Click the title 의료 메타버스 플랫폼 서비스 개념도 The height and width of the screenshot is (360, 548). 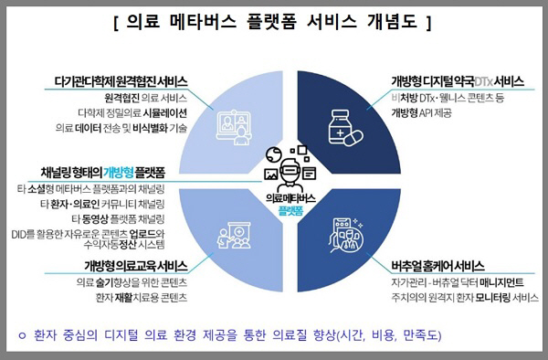(273, 20)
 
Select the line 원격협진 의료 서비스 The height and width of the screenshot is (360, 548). (145, 97)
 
